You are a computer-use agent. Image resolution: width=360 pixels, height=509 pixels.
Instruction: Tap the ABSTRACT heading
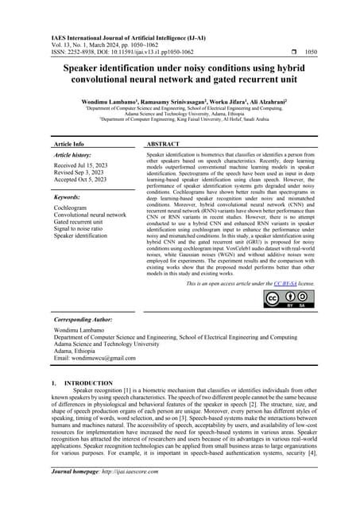(164, 145)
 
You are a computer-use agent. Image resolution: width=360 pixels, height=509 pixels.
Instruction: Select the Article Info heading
(68, 145)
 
